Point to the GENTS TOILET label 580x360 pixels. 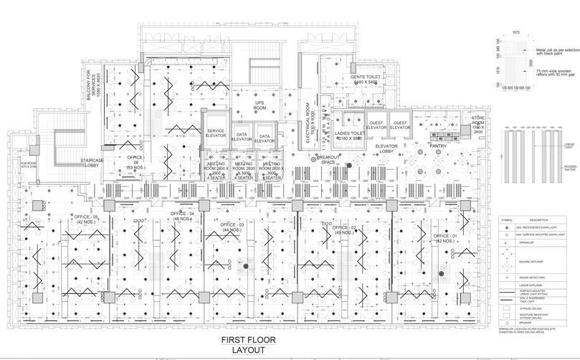click(x=363, y=80)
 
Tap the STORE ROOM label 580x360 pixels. click(x=479, y=125)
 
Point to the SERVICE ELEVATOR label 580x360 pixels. click(x=215, y=134)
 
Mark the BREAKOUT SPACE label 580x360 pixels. click(x=329, y=159)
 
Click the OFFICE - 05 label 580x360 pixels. click(x=85, y=218)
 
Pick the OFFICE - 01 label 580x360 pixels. click(x=445, y=237)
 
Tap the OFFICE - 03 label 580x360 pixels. click(x=232, y=227)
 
